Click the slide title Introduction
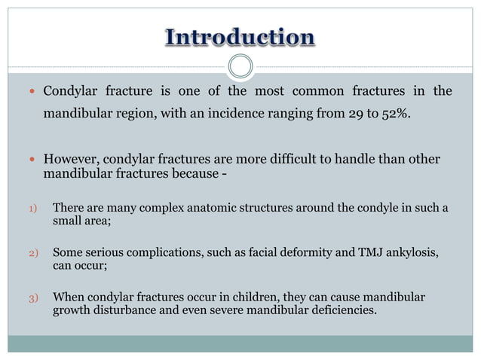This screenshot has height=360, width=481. (240, 37)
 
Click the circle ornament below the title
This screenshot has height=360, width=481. (240, 66)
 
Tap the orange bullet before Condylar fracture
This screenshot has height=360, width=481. (32, 93)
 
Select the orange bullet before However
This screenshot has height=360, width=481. (32, 160)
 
